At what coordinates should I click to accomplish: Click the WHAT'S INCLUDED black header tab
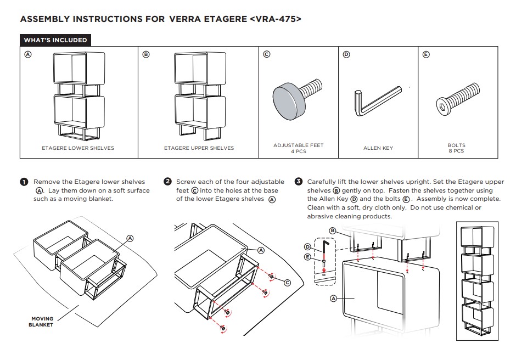(55, 40)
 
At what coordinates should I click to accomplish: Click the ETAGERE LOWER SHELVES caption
(78, 148)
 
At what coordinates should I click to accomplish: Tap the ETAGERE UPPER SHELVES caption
(199, 148)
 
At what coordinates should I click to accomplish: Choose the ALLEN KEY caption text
(378, 148)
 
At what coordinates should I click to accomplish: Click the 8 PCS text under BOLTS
(456, 151)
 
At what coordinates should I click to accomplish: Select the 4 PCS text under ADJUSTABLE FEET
(299, 151)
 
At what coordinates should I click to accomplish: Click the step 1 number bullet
(24, 182)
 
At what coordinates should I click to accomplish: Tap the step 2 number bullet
(167, 182)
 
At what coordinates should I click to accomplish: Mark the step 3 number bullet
(299, 182)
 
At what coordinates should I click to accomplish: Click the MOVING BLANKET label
(42, 322)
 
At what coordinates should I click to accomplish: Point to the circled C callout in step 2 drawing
(287, 282)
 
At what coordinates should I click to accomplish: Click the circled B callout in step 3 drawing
(333, 230)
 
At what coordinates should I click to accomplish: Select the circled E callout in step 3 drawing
(308, 256)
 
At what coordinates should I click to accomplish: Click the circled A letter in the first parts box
(27, 54)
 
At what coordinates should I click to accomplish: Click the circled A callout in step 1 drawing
(130, 238)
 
